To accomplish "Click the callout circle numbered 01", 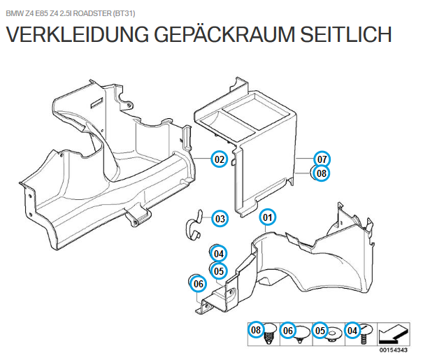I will pos(268,217).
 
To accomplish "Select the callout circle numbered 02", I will pos(220,159).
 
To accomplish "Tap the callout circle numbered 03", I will pos(220,219).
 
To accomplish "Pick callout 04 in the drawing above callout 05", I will pos(219,253).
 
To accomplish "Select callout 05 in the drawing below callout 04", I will pos(219,271).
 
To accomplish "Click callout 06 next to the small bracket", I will pos(199,284).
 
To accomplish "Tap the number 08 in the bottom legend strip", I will pos(257,330).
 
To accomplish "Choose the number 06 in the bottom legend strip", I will pos(288,330).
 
